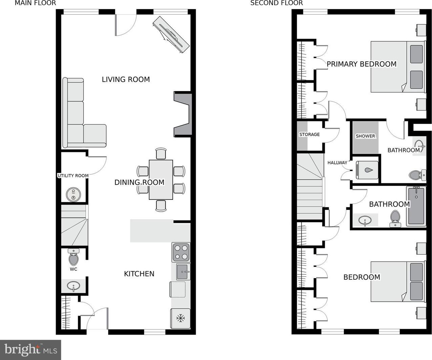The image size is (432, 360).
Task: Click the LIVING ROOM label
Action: pos(126,79)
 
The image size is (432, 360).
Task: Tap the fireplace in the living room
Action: pos(183,114)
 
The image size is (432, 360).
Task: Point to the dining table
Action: pos(161,180)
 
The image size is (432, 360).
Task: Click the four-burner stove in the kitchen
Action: pos(181,253)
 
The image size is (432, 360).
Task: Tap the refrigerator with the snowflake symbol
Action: pos(180,318)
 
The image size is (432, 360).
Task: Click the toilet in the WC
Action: pos(73,257)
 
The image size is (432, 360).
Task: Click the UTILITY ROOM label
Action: pos(73,176)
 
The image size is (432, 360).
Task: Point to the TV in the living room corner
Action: pos(171,35)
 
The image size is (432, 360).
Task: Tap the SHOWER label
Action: pos(365,136)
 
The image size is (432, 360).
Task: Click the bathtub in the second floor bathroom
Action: pos(416,206)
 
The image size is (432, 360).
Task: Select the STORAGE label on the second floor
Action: pos(309,134)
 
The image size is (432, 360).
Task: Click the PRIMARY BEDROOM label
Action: pos(362,64)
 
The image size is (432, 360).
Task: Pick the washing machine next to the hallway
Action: pos(367,170)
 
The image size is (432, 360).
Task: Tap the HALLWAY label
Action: pos(337,163)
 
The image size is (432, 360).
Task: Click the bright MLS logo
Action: pos(30,350)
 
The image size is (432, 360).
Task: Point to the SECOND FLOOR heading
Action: pos(276,3)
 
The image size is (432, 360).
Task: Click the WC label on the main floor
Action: pos(73,269)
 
